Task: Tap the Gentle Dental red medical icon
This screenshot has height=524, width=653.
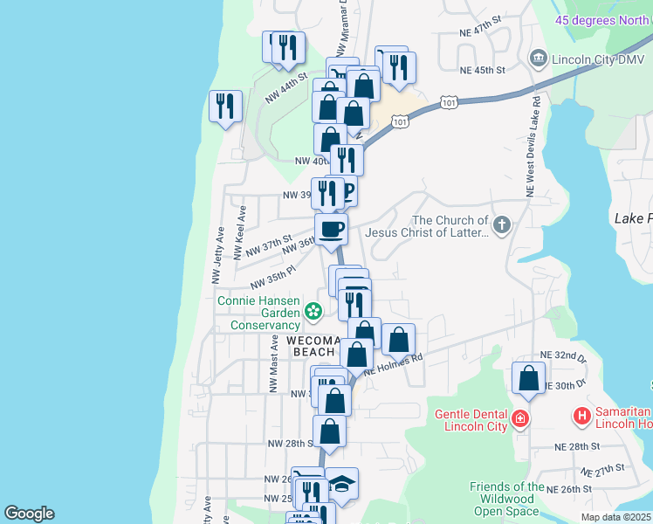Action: click(x=520, y=418)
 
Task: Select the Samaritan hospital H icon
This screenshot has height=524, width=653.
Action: click(x=582, y=418)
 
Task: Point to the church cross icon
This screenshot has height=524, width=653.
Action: click(x=501, y=226)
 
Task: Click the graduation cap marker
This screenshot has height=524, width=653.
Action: click(x=342, y=485)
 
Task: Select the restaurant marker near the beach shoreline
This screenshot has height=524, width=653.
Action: click(x=226, y=107)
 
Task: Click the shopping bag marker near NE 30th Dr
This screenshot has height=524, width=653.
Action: click(x=528, y=379)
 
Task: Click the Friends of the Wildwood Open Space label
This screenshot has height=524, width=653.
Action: click(x=507, y=499)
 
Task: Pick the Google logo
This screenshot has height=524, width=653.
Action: click(x=29, y=514)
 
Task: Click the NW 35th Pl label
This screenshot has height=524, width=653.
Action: click(x=273, y=278)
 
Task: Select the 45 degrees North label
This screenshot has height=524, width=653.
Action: click(x=603, y=20)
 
